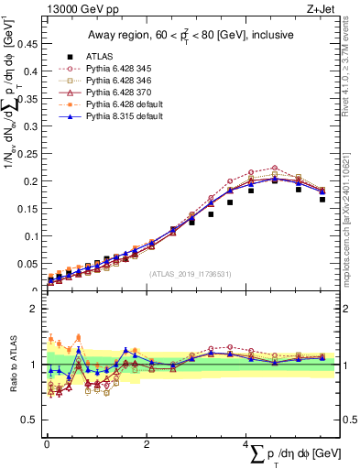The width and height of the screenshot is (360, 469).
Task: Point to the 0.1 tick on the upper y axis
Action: (34, 236)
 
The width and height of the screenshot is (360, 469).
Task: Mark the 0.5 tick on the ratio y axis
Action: (34, 420)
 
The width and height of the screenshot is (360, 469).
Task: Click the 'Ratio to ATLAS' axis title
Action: (13, 365)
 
